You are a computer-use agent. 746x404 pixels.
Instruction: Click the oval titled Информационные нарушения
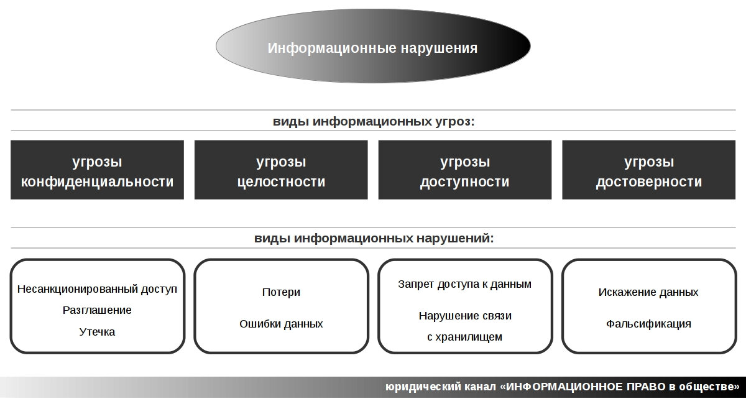373,46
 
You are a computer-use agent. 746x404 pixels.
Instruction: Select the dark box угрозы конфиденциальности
97,170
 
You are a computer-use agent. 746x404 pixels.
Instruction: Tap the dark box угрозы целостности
281,170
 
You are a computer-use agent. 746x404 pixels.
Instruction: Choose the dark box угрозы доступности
465,170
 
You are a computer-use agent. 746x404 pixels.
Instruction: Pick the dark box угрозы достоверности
649,170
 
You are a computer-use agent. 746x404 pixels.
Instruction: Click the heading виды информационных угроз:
374,121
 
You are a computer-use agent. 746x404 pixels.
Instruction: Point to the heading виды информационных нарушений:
374,238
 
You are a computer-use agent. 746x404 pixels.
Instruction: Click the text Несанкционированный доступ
97,289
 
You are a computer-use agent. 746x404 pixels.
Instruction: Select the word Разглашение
97,310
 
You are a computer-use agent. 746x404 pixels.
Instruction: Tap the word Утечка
97,332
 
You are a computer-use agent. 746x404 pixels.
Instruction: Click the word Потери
281,292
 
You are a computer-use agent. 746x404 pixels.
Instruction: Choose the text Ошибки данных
281,324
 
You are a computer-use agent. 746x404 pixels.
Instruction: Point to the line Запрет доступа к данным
464,284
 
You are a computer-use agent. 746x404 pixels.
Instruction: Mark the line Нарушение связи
465,315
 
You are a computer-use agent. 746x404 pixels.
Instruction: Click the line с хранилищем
464,337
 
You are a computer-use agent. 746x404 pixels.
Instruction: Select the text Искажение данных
648,292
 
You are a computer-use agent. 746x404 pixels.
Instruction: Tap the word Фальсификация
648,324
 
